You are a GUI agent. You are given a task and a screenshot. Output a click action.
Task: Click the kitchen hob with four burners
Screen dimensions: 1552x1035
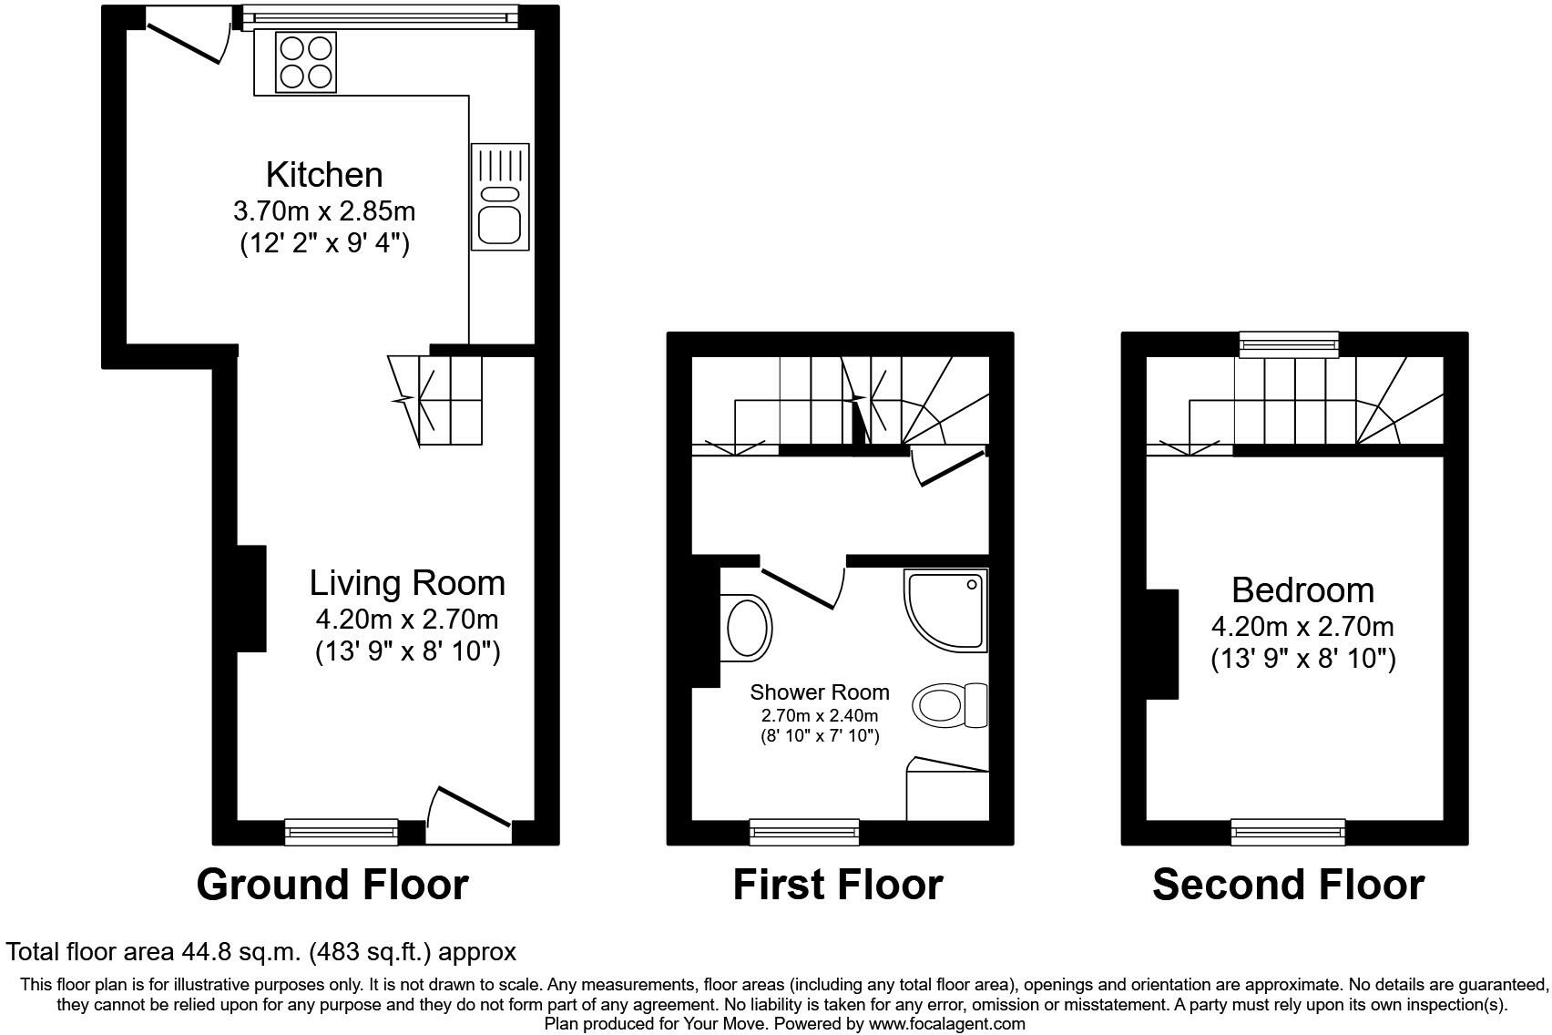pyautogui.click(x=305, y=62)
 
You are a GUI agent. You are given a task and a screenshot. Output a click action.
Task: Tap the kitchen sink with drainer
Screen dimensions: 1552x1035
pyautogui.click(x=499, y=196)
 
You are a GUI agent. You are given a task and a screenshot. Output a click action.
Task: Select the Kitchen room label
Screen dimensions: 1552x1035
pyautogui.click(x=324, y=175)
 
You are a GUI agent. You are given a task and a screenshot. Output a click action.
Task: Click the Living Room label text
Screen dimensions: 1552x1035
pyautogui.click(x=407, y=583)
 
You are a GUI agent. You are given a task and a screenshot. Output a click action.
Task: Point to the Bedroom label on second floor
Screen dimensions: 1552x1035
pyautogui.click(x=1302, y=590)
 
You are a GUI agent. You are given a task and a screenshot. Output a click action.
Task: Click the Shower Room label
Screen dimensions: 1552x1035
pyautogui.click(x=820, y=692)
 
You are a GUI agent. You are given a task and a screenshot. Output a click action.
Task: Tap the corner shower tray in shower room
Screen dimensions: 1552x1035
pyautogui.click(x=945, y=610)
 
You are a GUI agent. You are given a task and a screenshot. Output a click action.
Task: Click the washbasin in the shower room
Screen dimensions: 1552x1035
pyautogui.click(x=746, y=628)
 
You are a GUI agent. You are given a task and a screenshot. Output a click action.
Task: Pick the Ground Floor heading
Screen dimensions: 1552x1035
pyautogui.click(x=332, y=886)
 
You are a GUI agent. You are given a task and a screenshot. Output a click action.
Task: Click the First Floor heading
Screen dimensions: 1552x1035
pyautogui.click(x=838, y=886)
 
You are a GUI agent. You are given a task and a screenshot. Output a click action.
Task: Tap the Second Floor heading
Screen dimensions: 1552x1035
pyautogui.click(x=1288, y=886)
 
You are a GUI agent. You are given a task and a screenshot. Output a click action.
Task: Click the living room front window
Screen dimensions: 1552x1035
pyautogui.click(x=341, y=832)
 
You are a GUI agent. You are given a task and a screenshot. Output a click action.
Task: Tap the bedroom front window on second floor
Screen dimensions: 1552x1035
pyautogui.click(x=1288, y=832)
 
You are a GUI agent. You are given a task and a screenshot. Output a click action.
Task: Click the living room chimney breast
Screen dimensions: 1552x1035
pyautogui.click(x=251, y=599)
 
